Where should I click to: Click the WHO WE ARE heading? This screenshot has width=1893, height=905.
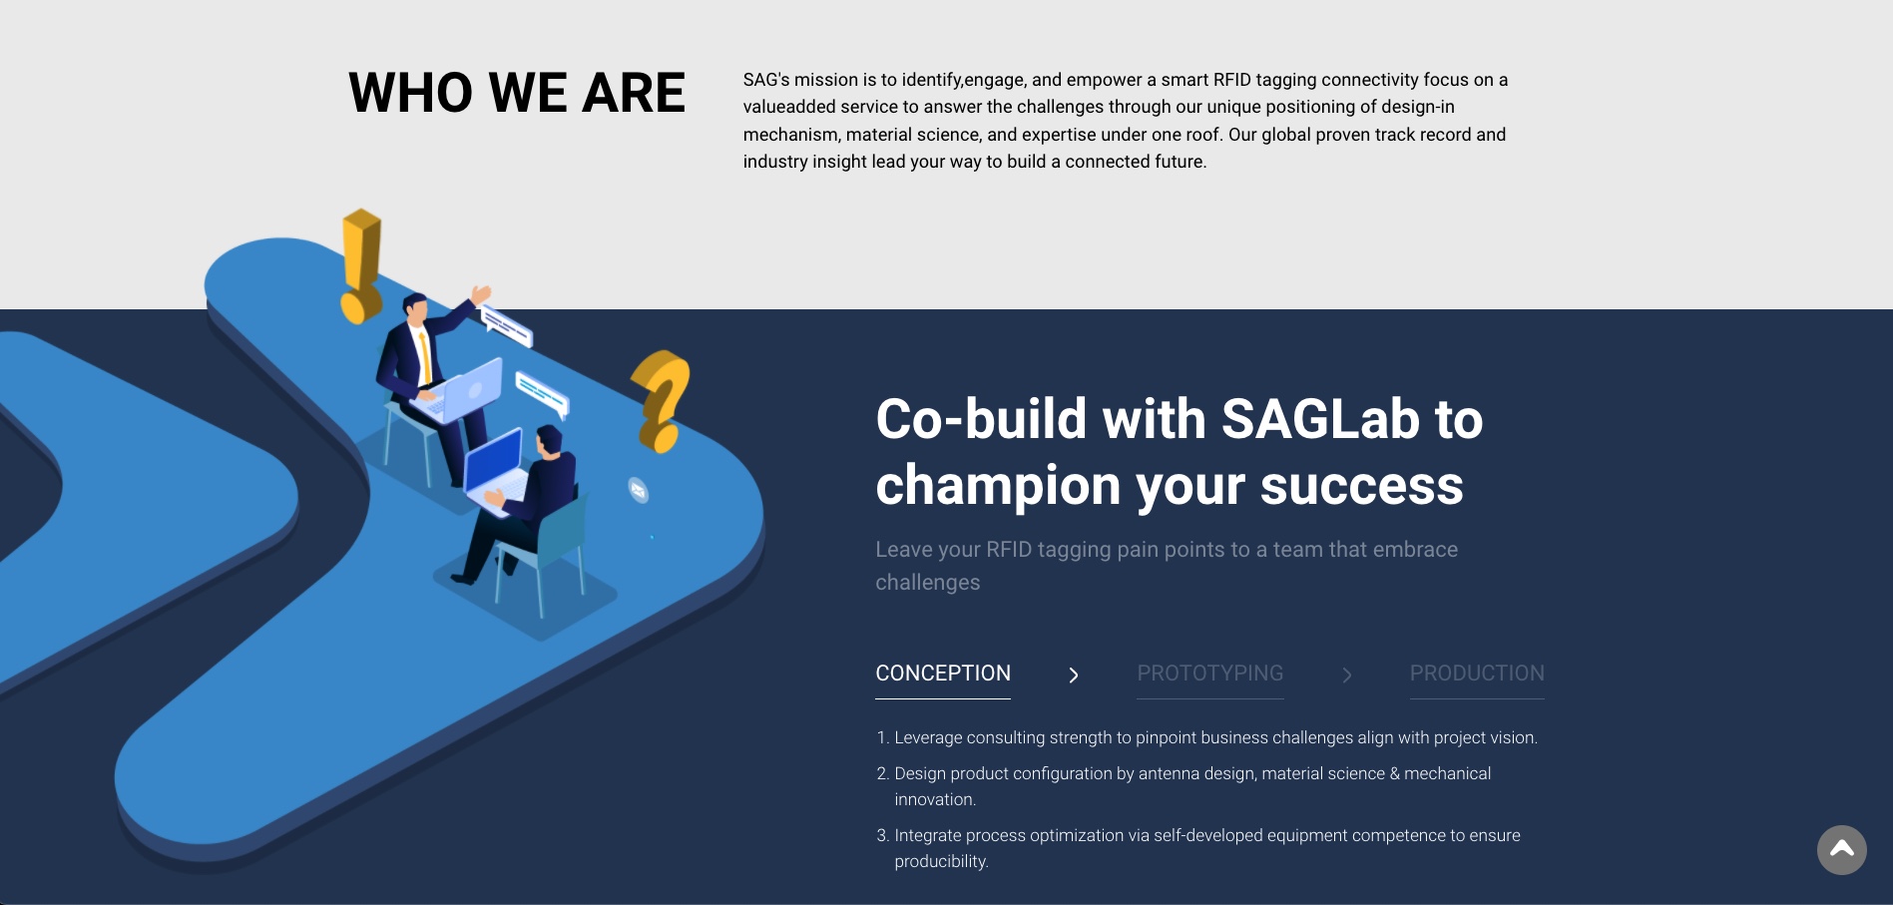pos(517,93)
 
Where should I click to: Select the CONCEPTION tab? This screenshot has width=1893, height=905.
pos(943,674)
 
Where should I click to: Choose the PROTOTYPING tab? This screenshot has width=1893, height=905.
pos(1210,674)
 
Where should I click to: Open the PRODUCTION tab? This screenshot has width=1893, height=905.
pos(1477,674)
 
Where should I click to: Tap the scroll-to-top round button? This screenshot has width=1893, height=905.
pos(1842,850)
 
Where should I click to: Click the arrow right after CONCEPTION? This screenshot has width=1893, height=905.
pos(1074,676)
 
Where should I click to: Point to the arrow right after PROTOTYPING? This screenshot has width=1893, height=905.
pos(1347,676)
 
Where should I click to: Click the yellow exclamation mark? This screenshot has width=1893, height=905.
pos(360,265)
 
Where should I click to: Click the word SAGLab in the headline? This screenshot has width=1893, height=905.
pos(1320,419)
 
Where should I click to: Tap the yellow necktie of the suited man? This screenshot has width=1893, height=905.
pos(425,356)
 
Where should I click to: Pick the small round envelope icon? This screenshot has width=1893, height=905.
pos(639,490)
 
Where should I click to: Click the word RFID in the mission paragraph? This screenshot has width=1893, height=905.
pos(1232,80)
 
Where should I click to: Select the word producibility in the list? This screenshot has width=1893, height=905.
pos(941,861)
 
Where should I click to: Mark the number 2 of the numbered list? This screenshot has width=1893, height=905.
pos(881,773)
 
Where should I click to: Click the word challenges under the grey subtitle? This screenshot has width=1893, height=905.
pos(928,583)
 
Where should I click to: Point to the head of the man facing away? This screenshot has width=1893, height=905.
pos(549,439)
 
